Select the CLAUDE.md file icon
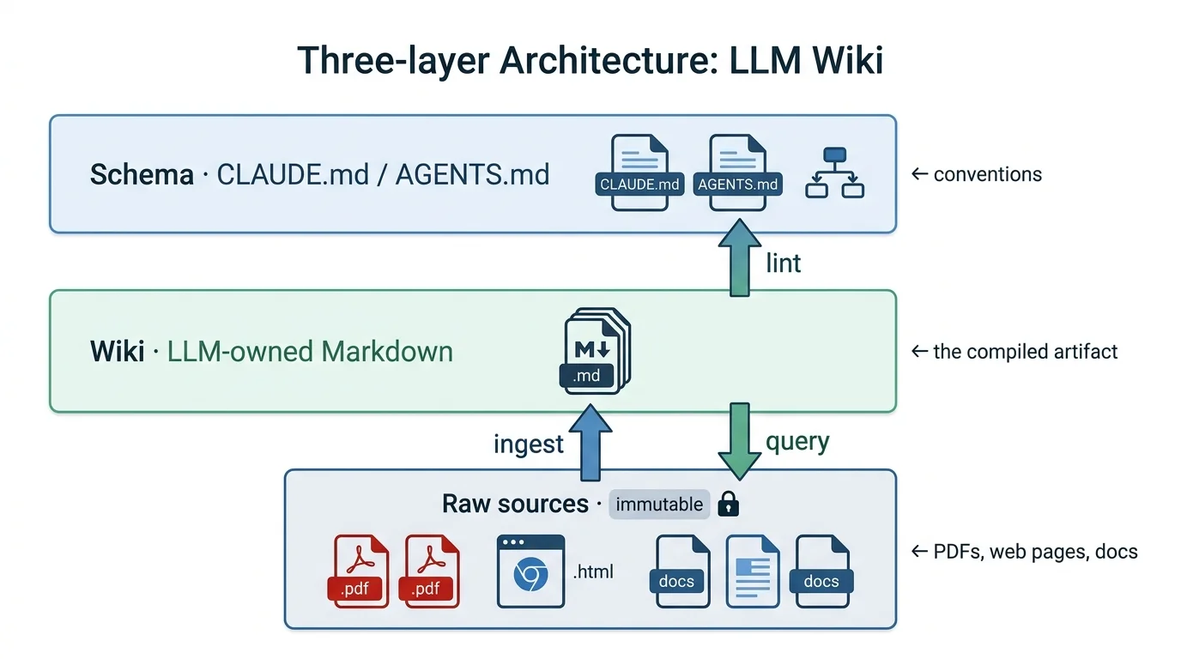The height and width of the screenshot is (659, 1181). click(x=639, y=172)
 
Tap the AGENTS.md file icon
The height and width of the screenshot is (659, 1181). click(x=738, y=172)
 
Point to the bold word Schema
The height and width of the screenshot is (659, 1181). click(x=142, y=175)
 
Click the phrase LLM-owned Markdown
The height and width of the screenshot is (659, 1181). click(x=310, y=351)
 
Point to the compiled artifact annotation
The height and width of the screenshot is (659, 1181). click(x=1024, y=351)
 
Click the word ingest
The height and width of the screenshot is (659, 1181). click(x=529, y=444)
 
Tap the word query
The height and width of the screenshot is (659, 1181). click(x=796, y=442)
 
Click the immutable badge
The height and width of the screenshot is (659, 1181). click(x=659, y=505)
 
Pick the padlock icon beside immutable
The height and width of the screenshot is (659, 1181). click(x=728, y=505)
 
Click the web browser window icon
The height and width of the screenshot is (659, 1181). click(x=530, y=571)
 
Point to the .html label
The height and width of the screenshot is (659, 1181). click(x=592, y=571)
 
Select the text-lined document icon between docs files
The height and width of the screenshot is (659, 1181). click(x=753, y=571)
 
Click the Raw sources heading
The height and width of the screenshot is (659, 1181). click(x=515, y=504)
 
